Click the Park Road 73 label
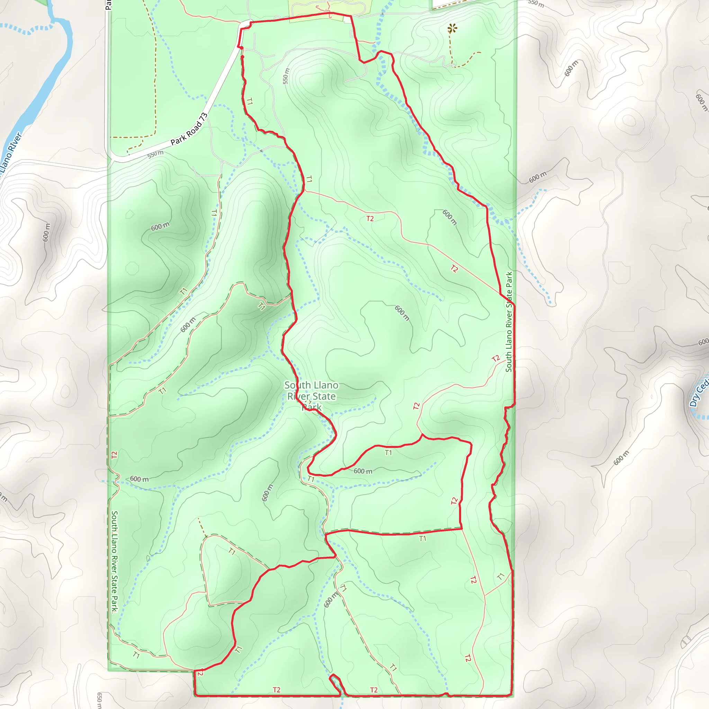(189, 129)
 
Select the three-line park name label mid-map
(311, 396)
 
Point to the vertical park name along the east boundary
(509, 322)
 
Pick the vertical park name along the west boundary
(115, 562)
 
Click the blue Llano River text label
(11, 154)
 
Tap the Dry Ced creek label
(699, 393)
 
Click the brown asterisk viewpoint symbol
(452, 28)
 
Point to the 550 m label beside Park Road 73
(155, 154)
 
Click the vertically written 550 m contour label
(286, 76)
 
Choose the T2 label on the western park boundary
(115, 455)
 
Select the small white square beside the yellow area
(347, 20)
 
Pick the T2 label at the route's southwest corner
(200, 673)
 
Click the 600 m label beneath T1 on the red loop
(363, 471)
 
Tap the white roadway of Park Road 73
(220, 92)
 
